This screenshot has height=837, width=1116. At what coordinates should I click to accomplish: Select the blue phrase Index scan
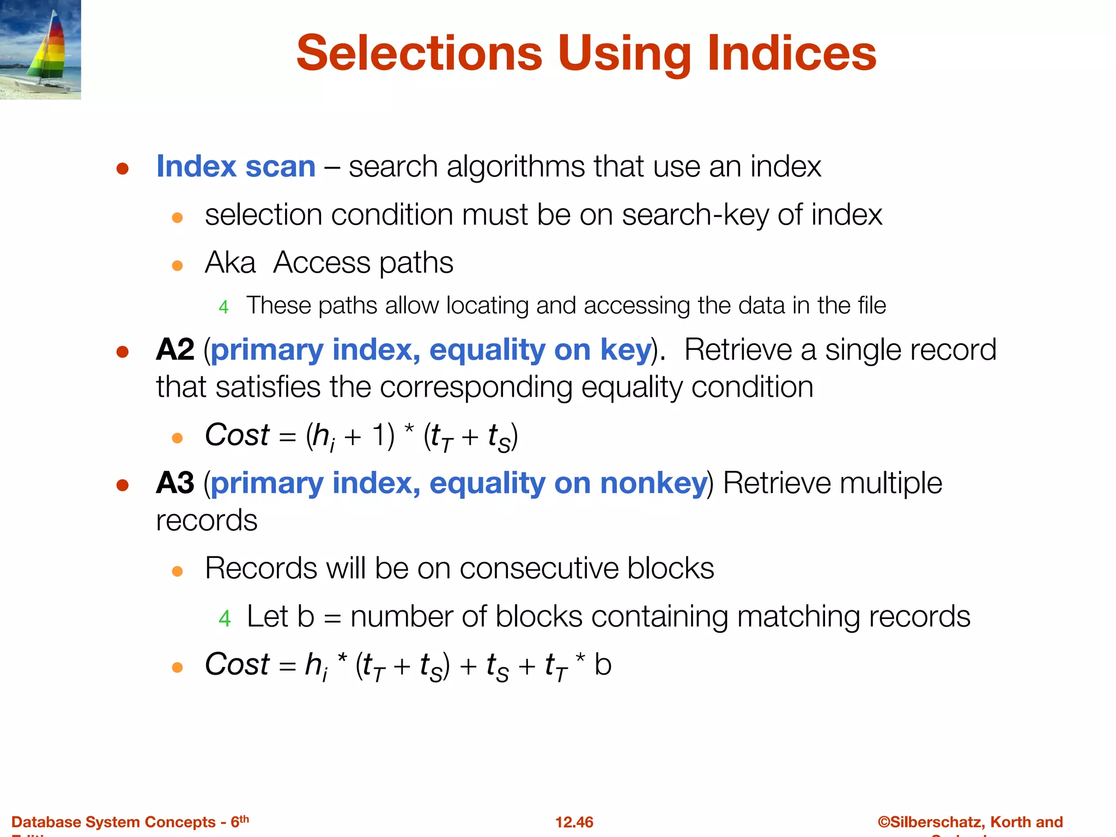point(235,167)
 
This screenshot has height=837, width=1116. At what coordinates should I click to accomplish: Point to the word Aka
point(230,263)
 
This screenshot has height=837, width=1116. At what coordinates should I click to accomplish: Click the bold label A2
point(174,350)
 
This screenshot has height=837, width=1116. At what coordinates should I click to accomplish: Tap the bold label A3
point(174,483)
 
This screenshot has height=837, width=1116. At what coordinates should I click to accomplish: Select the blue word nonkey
point(653,483)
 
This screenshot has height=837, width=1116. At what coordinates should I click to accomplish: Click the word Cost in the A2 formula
point(236,435)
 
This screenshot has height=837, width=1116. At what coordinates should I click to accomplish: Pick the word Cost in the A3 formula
point(236,665)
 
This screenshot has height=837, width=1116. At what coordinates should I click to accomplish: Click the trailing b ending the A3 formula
point(603,665)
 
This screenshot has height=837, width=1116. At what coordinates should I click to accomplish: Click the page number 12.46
point(574,822)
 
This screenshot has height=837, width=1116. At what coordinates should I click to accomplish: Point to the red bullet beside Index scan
point(122,168)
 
